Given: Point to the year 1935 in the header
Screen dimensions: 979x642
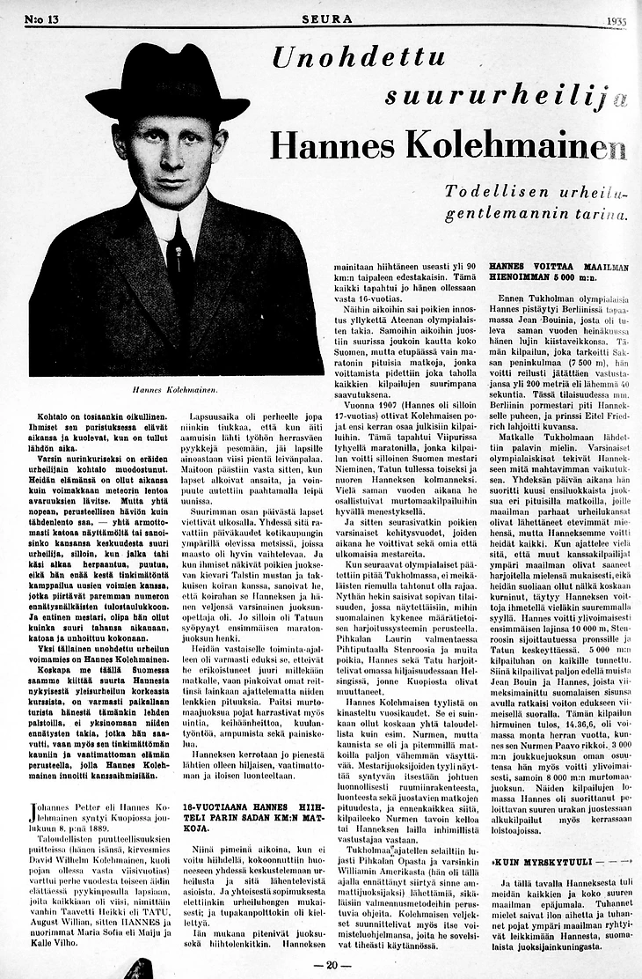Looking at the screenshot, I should (x=620, y=19).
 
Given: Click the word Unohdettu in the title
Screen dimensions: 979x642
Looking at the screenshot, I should (x=358, y=60).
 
